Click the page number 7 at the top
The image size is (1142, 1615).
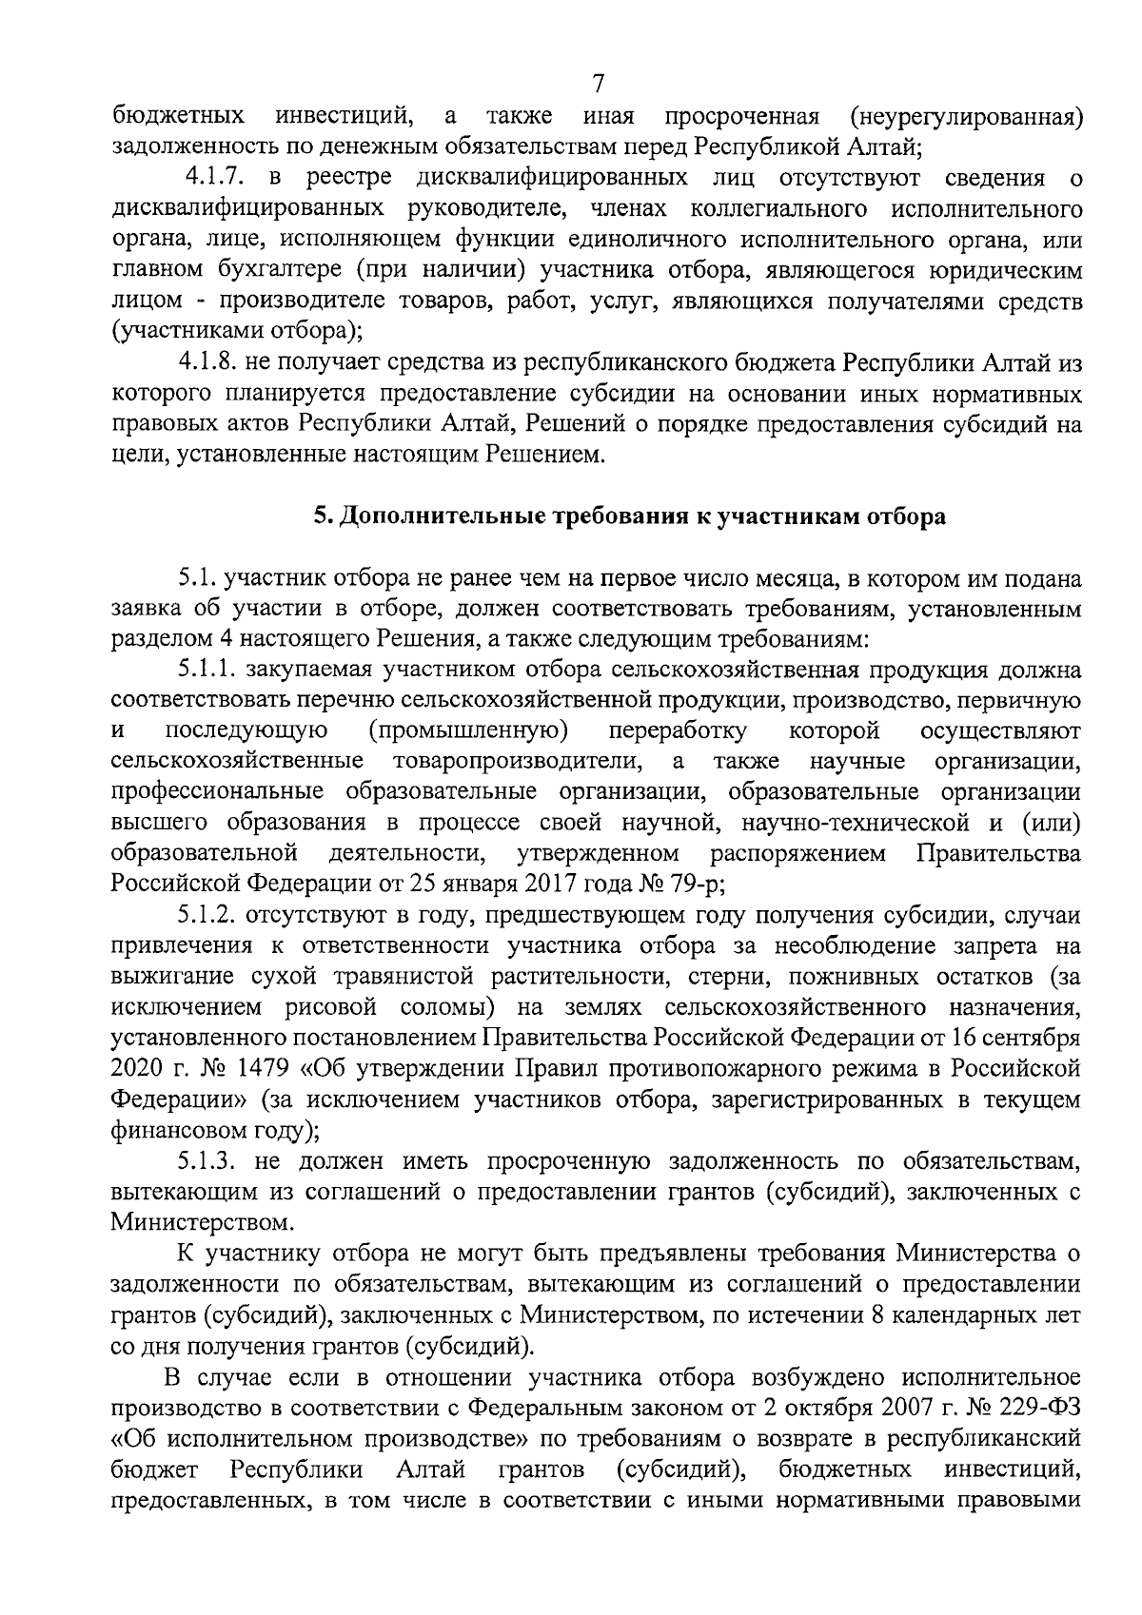point(598,84)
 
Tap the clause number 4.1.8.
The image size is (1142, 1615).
point(208,362)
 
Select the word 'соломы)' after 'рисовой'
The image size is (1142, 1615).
point(447,1007)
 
